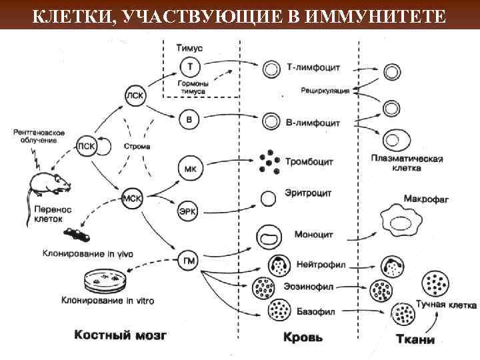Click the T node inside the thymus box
click(190, 67)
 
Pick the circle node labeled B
click(189, 120)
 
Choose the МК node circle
click(189, 167)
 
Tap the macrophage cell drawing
click(401, 219)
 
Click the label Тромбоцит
click(309, 162)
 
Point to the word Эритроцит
click(308, 193)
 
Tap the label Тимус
click(191, 47)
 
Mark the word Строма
click(137, 146)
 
